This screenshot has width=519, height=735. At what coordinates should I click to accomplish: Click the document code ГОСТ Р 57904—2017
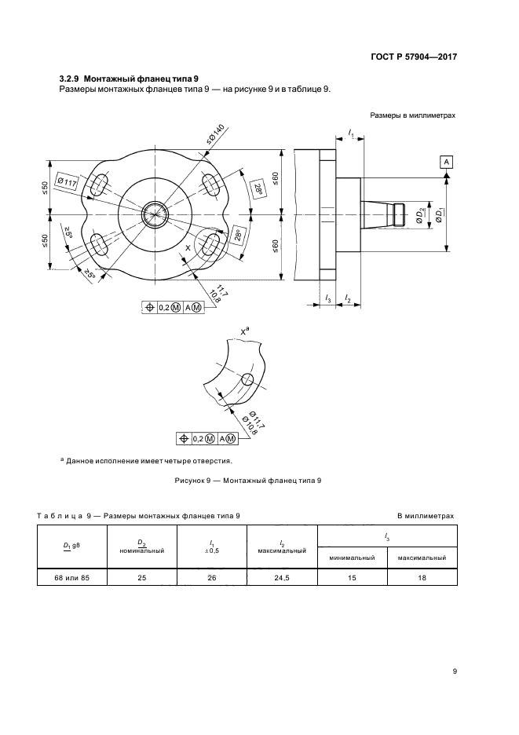[413, 57]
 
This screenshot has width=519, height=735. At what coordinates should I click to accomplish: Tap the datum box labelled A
[447, 161]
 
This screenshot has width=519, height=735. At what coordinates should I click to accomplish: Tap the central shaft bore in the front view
[155, 214]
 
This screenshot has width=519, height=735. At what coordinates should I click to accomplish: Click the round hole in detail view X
[247, 380]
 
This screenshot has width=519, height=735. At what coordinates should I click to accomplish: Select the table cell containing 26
[212, 579]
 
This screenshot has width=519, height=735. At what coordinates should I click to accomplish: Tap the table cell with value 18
[422, 579]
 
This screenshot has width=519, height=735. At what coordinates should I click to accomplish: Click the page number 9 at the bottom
[455, 671]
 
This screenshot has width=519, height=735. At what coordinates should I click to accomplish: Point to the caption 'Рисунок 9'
[247, 479]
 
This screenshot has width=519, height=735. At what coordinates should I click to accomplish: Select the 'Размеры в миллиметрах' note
[415, 116]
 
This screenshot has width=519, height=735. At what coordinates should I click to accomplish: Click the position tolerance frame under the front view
[171, 308]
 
